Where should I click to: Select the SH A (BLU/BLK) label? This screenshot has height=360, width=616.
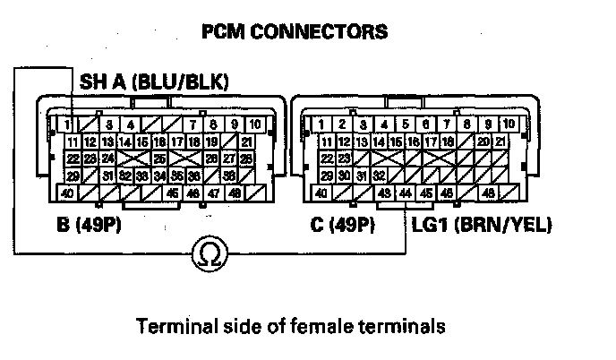154,82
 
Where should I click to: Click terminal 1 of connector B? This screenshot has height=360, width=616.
68,124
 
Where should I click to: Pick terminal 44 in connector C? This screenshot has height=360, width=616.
406,193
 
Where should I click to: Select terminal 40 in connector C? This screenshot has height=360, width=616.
320,193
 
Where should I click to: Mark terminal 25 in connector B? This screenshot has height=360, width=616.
158,159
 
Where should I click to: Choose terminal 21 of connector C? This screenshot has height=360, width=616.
503,141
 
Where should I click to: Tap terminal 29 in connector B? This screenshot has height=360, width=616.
73,176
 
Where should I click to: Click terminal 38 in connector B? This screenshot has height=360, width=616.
229,176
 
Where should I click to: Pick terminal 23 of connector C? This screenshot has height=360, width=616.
344,159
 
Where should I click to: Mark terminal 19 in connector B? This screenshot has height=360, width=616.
211,141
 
